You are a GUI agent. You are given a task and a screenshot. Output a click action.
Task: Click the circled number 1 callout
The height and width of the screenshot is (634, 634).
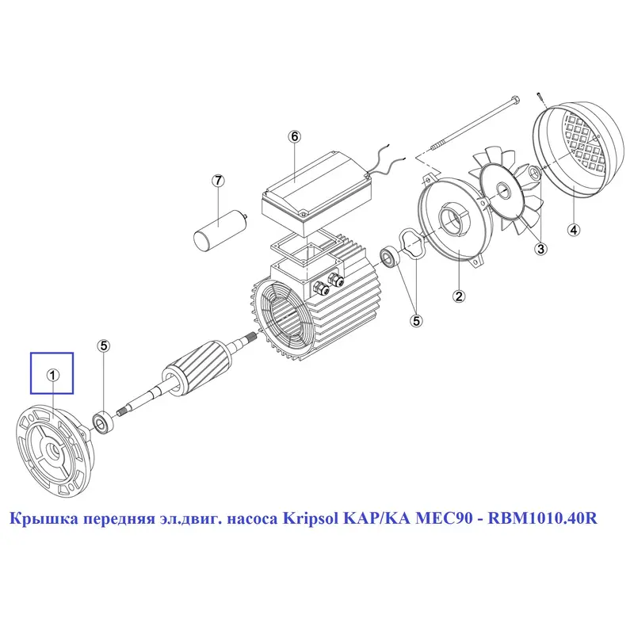point(53,375)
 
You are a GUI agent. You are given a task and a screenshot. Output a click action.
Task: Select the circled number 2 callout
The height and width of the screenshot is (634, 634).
point(459,296)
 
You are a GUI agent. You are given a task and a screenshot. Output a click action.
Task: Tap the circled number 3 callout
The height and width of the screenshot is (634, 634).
point(541,249)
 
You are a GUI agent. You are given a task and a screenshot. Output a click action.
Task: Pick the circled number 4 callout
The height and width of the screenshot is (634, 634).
point(574,230)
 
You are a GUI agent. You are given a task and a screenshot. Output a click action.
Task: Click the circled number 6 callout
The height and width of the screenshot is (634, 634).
point(294,137)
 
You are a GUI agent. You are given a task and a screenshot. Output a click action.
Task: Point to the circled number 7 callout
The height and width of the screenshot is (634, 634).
point(219,181)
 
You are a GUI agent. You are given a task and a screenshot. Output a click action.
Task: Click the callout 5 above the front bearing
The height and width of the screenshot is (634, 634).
point(104,346)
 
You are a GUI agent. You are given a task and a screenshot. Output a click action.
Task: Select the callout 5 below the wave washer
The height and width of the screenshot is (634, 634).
point(416,321)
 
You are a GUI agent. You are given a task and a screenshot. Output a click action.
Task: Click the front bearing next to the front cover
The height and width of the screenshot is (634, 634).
point(103,422)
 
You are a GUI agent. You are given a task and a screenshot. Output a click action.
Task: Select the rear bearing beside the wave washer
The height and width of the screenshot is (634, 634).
point(389,256)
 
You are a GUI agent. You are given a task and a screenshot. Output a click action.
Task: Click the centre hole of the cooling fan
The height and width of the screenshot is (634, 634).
point(502,189)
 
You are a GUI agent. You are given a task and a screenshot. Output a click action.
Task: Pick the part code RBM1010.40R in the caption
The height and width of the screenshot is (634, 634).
point(542,518)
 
